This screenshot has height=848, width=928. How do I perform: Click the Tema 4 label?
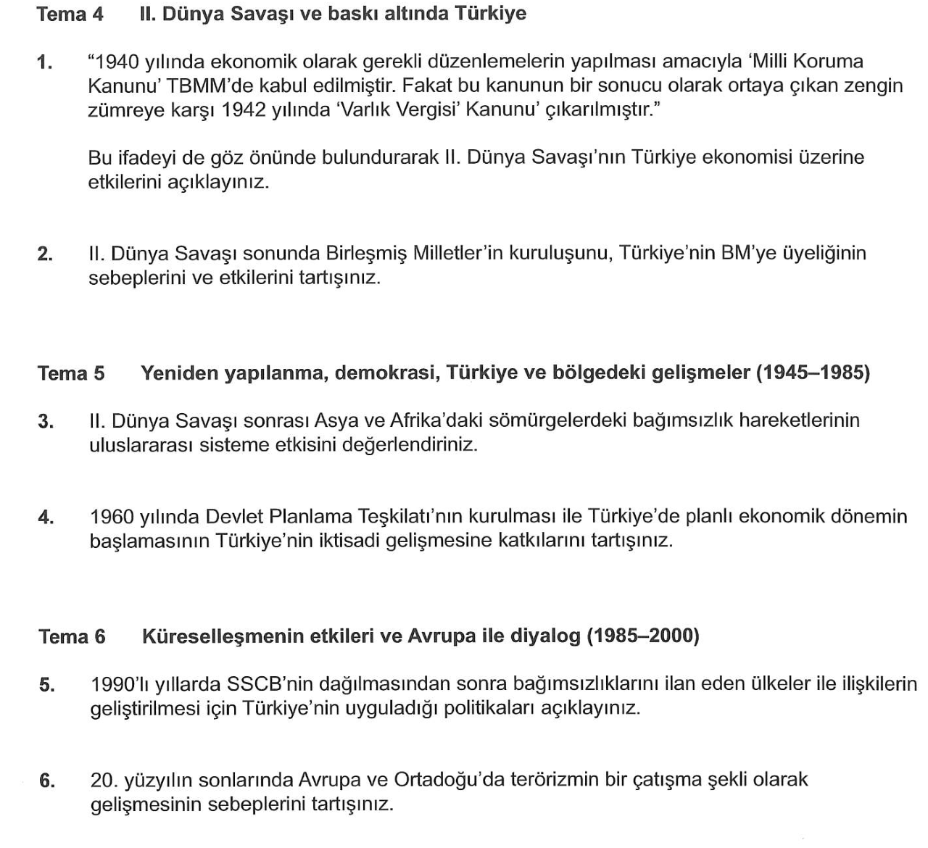click(70, 14)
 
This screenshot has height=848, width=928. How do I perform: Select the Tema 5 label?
click(71, 373)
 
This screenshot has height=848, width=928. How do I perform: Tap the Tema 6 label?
click(72, 636)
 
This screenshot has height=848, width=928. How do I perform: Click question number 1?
click(45, 62)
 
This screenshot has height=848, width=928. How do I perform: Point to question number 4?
click(46, 517)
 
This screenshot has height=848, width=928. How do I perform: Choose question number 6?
click(47, 781)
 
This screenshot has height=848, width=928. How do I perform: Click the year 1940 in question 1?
click(118, 62)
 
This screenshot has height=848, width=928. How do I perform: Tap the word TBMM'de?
click(208, 86)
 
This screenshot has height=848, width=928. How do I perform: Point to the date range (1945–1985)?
click(813, 373)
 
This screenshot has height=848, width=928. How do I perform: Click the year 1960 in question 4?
click(112, 517)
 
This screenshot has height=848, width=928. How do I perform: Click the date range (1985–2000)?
click(642, 636)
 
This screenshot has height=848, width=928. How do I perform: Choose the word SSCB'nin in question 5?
click(269, 683)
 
